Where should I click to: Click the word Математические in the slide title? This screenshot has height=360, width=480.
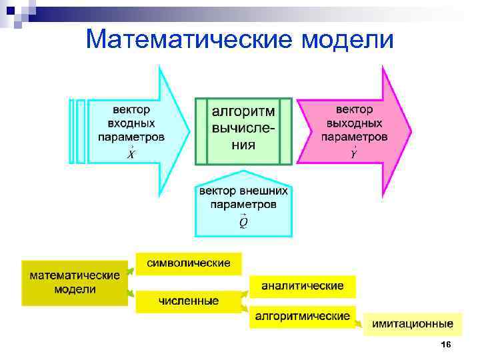[x=189, y=40]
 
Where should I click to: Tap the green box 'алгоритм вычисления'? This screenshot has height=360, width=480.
[x=243, y=131]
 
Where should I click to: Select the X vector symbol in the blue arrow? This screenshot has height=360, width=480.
[x=131, y=154]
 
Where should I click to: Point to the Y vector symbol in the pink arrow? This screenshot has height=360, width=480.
[x=354, y=153]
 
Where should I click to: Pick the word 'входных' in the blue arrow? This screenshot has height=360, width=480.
[x=131, y=123]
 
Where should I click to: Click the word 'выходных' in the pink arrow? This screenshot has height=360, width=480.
[x=354, y=123]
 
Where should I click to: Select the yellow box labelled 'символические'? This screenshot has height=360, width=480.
[x=189, y=263]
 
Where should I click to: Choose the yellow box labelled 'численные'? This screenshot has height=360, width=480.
[x=189, y=301]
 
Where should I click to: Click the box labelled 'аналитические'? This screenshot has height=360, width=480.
[x=302, y=286]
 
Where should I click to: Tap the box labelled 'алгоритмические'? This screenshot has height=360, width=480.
[x=302, y=316]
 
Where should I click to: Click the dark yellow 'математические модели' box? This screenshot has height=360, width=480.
[x=74, y=282]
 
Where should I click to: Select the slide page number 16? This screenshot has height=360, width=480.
[x=446, y=344]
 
